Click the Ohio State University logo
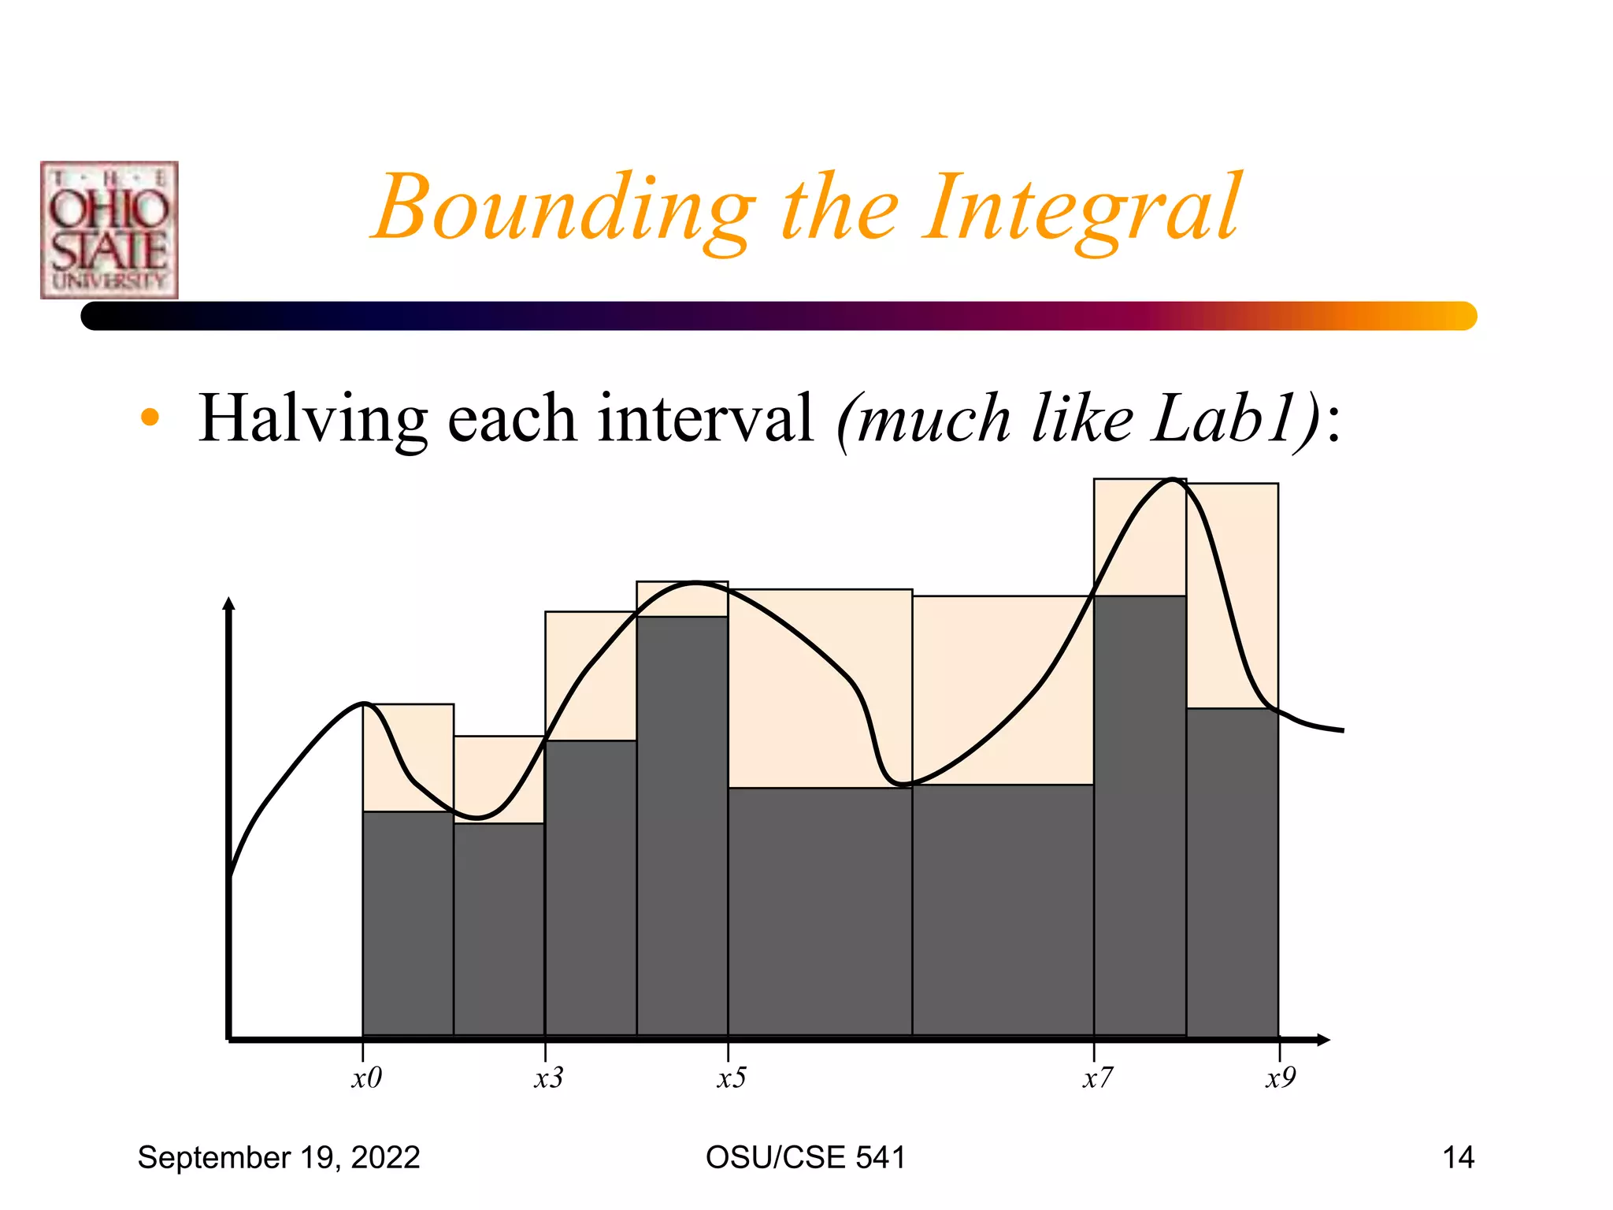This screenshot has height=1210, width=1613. pos(109,230)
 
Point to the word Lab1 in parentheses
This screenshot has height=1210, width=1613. pos(1225,419)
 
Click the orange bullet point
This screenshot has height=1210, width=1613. pos(150,418)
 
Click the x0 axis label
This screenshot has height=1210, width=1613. pos(366,1078)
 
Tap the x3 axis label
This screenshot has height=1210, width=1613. pos(548,1078)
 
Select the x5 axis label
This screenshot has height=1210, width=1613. pos(731,1078)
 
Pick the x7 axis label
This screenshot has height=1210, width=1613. pos(1097,1078)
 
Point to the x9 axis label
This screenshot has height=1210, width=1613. pos(1280,1078)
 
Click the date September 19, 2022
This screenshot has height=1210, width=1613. pos(279,1157)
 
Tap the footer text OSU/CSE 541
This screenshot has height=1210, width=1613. pos(806,1157)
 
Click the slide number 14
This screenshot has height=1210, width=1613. pos(1458,1157)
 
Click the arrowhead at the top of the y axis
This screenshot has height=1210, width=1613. pos(229,604)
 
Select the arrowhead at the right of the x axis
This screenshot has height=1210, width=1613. pos(1323,1041)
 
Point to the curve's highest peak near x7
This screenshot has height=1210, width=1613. pos(1173,480)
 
